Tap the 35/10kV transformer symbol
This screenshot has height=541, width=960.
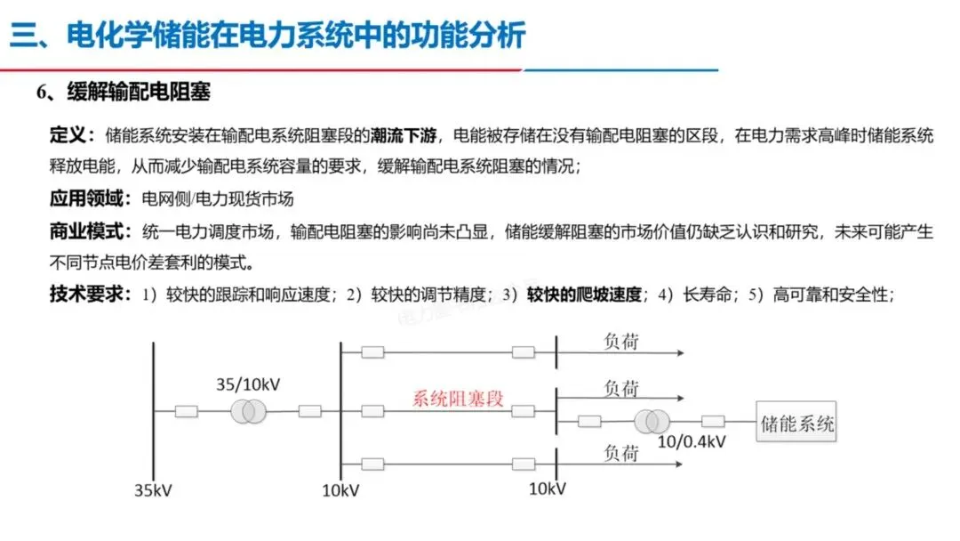[248, 411]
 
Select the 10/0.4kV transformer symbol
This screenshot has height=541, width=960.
[650, 422]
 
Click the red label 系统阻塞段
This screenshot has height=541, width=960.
[458, 399]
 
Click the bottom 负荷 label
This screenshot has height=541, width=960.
[621, 453]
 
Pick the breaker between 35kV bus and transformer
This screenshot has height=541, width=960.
[187, 411]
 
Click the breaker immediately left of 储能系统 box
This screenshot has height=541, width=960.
[713, 422]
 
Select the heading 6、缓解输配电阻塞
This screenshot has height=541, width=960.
[123, 93]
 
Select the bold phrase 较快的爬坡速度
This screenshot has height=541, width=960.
[584, 295]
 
